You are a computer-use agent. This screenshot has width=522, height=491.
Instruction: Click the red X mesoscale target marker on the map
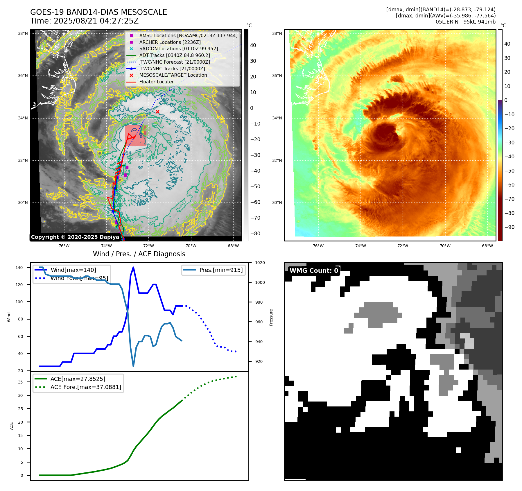[x=157, y=112]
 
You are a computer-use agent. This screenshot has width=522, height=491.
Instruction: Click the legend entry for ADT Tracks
[x=174, y=55]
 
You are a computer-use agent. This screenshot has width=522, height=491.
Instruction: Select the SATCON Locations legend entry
[x=178, y=49]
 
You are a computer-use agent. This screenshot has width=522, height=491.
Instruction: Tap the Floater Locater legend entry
[x=156, y=82]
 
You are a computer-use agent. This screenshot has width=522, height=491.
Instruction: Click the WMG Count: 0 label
[x=314, y=270]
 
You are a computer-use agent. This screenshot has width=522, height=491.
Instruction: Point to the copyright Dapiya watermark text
[x=75, y=237]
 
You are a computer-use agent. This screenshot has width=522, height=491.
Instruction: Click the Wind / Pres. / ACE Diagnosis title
[x=139, y=254]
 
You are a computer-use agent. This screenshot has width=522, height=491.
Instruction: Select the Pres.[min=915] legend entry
[x=221, y=270]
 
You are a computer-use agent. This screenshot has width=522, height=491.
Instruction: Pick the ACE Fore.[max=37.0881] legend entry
[x=86, y=387]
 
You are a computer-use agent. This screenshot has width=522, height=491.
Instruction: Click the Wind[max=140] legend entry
[x=73, y=270]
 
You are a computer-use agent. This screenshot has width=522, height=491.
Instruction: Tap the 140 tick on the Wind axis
[x=19, y=268]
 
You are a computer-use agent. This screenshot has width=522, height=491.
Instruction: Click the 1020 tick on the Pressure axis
[x=260, y=263]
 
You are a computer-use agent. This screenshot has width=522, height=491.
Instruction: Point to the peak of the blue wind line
[x=133, y=267]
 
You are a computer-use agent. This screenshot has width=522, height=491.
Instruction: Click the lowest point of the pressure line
[x=133, y=366]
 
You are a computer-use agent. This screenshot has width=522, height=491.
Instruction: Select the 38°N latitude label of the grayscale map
[x=23, y=33]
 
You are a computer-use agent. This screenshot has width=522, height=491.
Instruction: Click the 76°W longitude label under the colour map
[x=318, y=246]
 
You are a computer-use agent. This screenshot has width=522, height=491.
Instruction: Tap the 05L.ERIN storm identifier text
[x=446, y=22]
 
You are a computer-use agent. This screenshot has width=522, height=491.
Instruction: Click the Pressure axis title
[x=271, y=317]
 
